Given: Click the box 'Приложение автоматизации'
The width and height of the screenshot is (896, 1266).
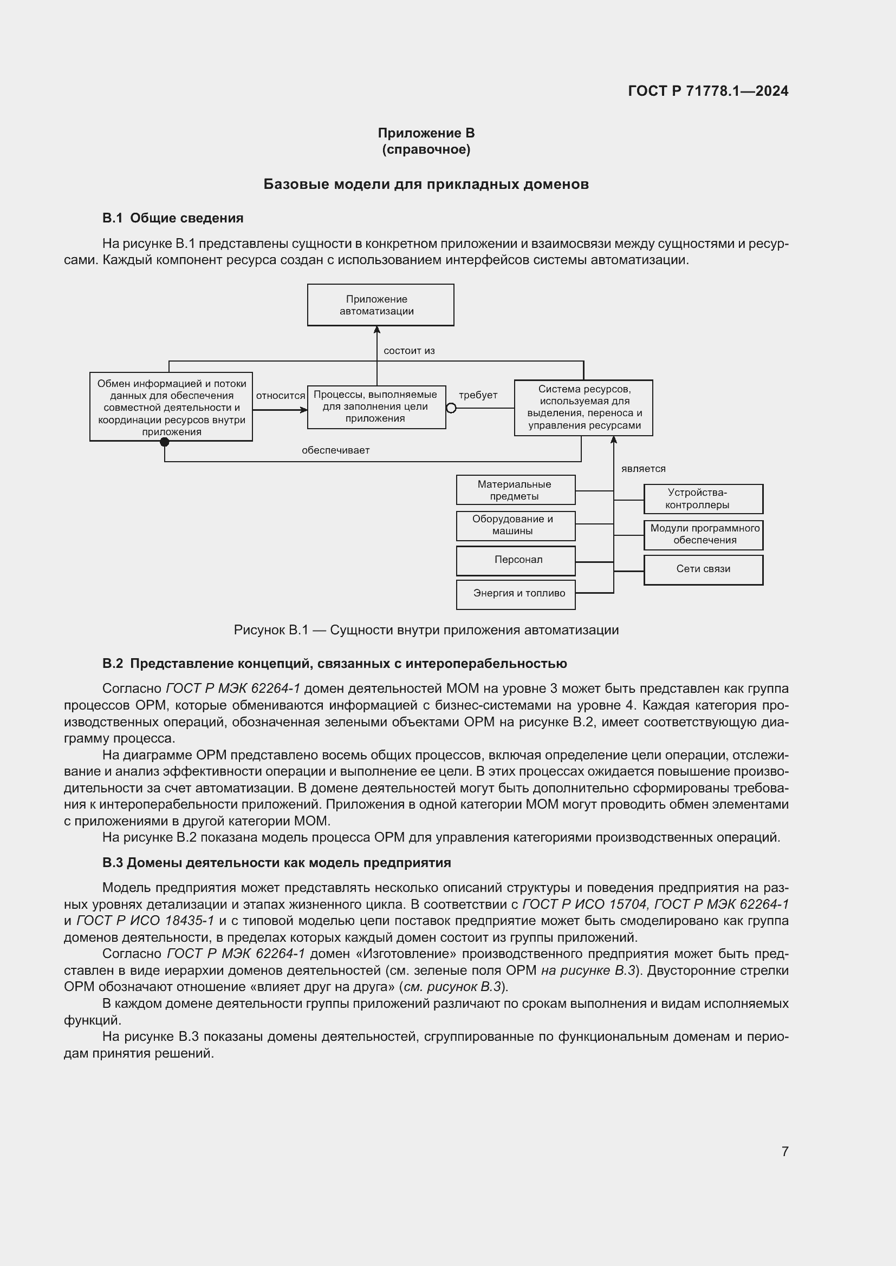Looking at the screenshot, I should click(x=380, y=305).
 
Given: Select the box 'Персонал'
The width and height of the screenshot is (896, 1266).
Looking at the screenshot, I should click(x=515, y=560).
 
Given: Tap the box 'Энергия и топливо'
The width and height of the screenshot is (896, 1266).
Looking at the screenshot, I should click(x=515, y=594).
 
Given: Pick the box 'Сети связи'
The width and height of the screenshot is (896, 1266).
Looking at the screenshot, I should click(x=703, y=569).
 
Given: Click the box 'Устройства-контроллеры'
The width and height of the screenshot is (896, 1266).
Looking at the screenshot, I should click(x=703, y=498).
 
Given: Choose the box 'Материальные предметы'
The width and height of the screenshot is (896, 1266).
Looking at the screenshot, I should click(x=515, y=490).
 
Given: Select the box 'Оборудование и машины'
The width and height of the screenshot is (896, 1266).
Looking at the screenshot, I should click(x=515, y=525).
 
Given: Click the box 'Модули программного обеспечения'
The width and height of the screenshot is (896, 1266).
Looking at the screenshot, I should click(x=703, y=534).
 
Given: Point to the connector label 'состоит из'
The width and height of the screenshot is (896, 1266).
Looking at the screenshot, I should click(x=409, y=351).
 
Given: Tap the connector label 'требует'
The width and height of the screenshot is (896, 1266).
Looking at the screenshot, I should click(x=478, y=395).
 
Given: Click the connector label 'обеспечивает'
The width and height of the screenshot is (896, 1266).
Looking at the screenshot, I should click(x=335, y=450).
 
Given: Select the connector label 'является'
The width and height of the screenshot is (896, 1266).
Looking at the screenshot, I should click(x=644, y=469).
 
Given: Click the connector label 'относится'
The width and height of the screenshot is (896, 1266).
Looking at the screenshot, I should click(x=280, y=395).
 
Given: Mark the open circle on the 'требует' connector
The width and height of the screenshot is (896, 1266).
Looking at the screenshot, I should click(x=451, y=408).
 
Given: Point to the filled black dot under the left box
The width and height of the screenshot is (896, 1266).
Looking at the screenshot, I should click(x=165, y=442).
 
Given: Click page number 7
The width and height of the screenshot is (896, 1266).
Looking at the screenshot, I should click(x=784, y=1151).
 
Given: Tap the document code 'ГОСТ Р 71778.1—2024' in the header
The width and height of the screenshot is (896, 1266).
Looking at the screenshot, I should click(x=708, y=91).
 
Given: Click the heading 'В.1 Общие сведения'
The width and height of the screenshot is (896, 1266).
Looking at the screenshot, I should click(x=173, y=218).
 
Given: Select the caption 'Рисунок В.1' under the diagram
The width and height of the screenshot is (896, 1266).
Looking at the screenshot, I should click(x=426, y=629).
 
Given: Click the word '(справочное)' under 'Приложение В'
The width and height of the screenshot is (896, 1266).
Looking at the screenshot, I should click(x=426, y=149).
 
